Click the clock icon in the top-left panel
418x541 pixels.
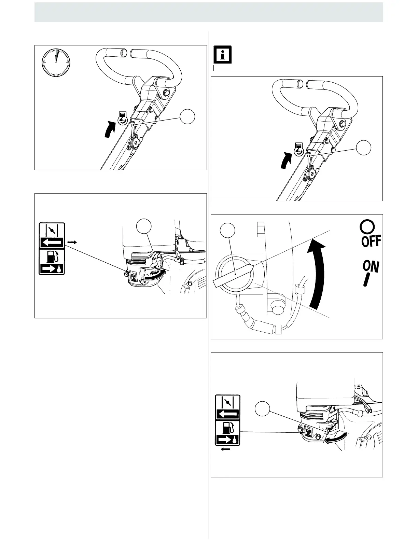pos(56,63)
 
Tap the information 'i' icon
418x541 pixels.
pos(223,55)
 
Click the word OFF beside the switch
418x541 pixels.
pos(371,241)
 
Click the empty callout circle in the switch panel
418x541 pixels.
pos(227,231)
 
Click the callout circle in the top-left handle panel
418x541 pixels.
pos(188,117)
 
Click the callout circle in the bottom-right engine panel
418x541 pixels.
pos(263,409)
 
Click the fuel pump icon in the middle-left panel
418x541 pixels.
pos(52,262)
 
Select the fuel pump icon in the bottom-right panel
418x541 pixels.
pos(227,433)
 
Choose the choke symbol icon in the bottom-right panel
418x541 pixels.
pos(227,407)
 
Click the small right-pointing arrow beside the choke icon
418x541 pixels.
pos(72,242)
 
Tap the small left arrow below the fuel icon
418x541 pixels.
pos(225,449)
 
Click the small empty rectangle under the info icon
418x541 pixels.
pos(223,68)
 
